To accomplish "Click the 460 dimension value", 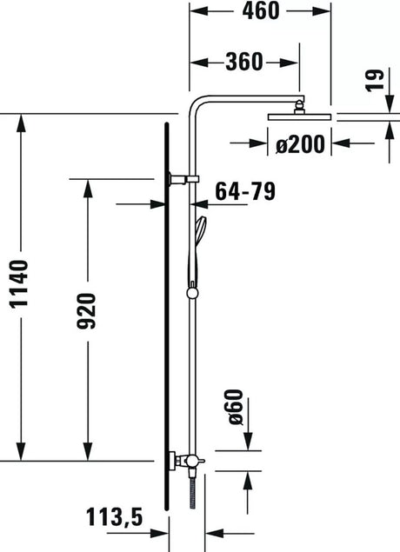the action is coord(261,10).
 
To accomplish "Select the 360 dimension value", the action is coord(244,62).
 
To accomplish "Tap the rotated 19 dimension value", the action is coord(374,80).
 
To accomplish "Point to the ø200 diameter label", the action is coord(300,144).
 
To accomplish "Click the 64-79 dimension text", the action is coord(245,191).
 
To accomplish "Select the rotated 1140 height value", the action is coord(18,284).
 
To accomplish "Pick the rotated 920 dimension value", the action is coord(86,311).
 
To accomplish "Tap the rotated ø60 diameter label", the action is coord(235,407).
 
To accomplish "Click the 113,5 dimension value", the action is coord(115,517).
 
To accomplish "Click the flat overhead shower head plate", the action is coord(299,116).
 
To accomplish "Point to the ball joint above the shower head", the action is coord(299,107).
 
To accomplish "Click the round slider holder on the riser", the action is coord(192,292).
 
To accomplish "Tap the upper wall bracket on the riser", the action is coord(183,179).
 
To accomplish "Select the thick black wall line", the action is coord(167,316).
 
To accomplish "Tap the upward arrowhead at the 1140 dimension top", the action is coord(21,123).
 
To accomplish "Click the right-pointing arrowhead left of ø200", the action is coord(258,143).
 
